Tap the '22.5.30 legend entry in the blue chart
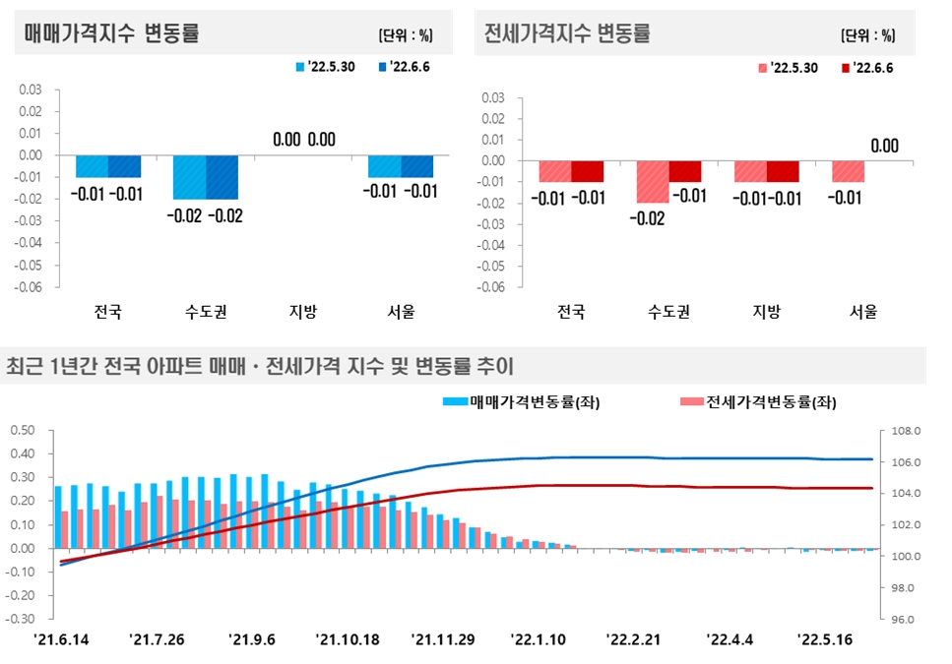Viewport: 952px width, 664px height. click(328, 67)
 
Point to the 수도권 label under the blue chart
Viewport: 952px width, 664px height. click(206, 313)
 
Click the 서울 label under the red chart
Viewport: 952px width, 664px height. click(863, 313)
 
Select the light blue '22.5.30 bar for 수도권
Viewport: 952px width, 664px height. click(190, 177)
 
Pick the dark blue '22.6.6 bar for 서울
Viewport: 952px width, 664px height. click(416, 166)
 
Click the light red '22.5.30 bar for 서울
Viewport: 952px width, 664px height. click(848, 171)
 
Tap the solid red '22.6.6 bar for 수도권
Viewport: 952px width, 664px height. click(684, 171)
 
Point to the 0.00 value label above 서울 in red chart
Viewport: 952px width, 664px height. click(884, 147)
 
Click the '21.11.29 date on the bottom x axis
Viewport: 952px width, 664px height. click(443, 639)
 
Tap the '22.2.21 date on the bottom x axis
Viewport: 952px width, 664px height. click(632, 639)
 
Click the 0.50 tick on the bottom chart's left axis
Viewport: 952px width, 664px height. click(22, 430)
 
